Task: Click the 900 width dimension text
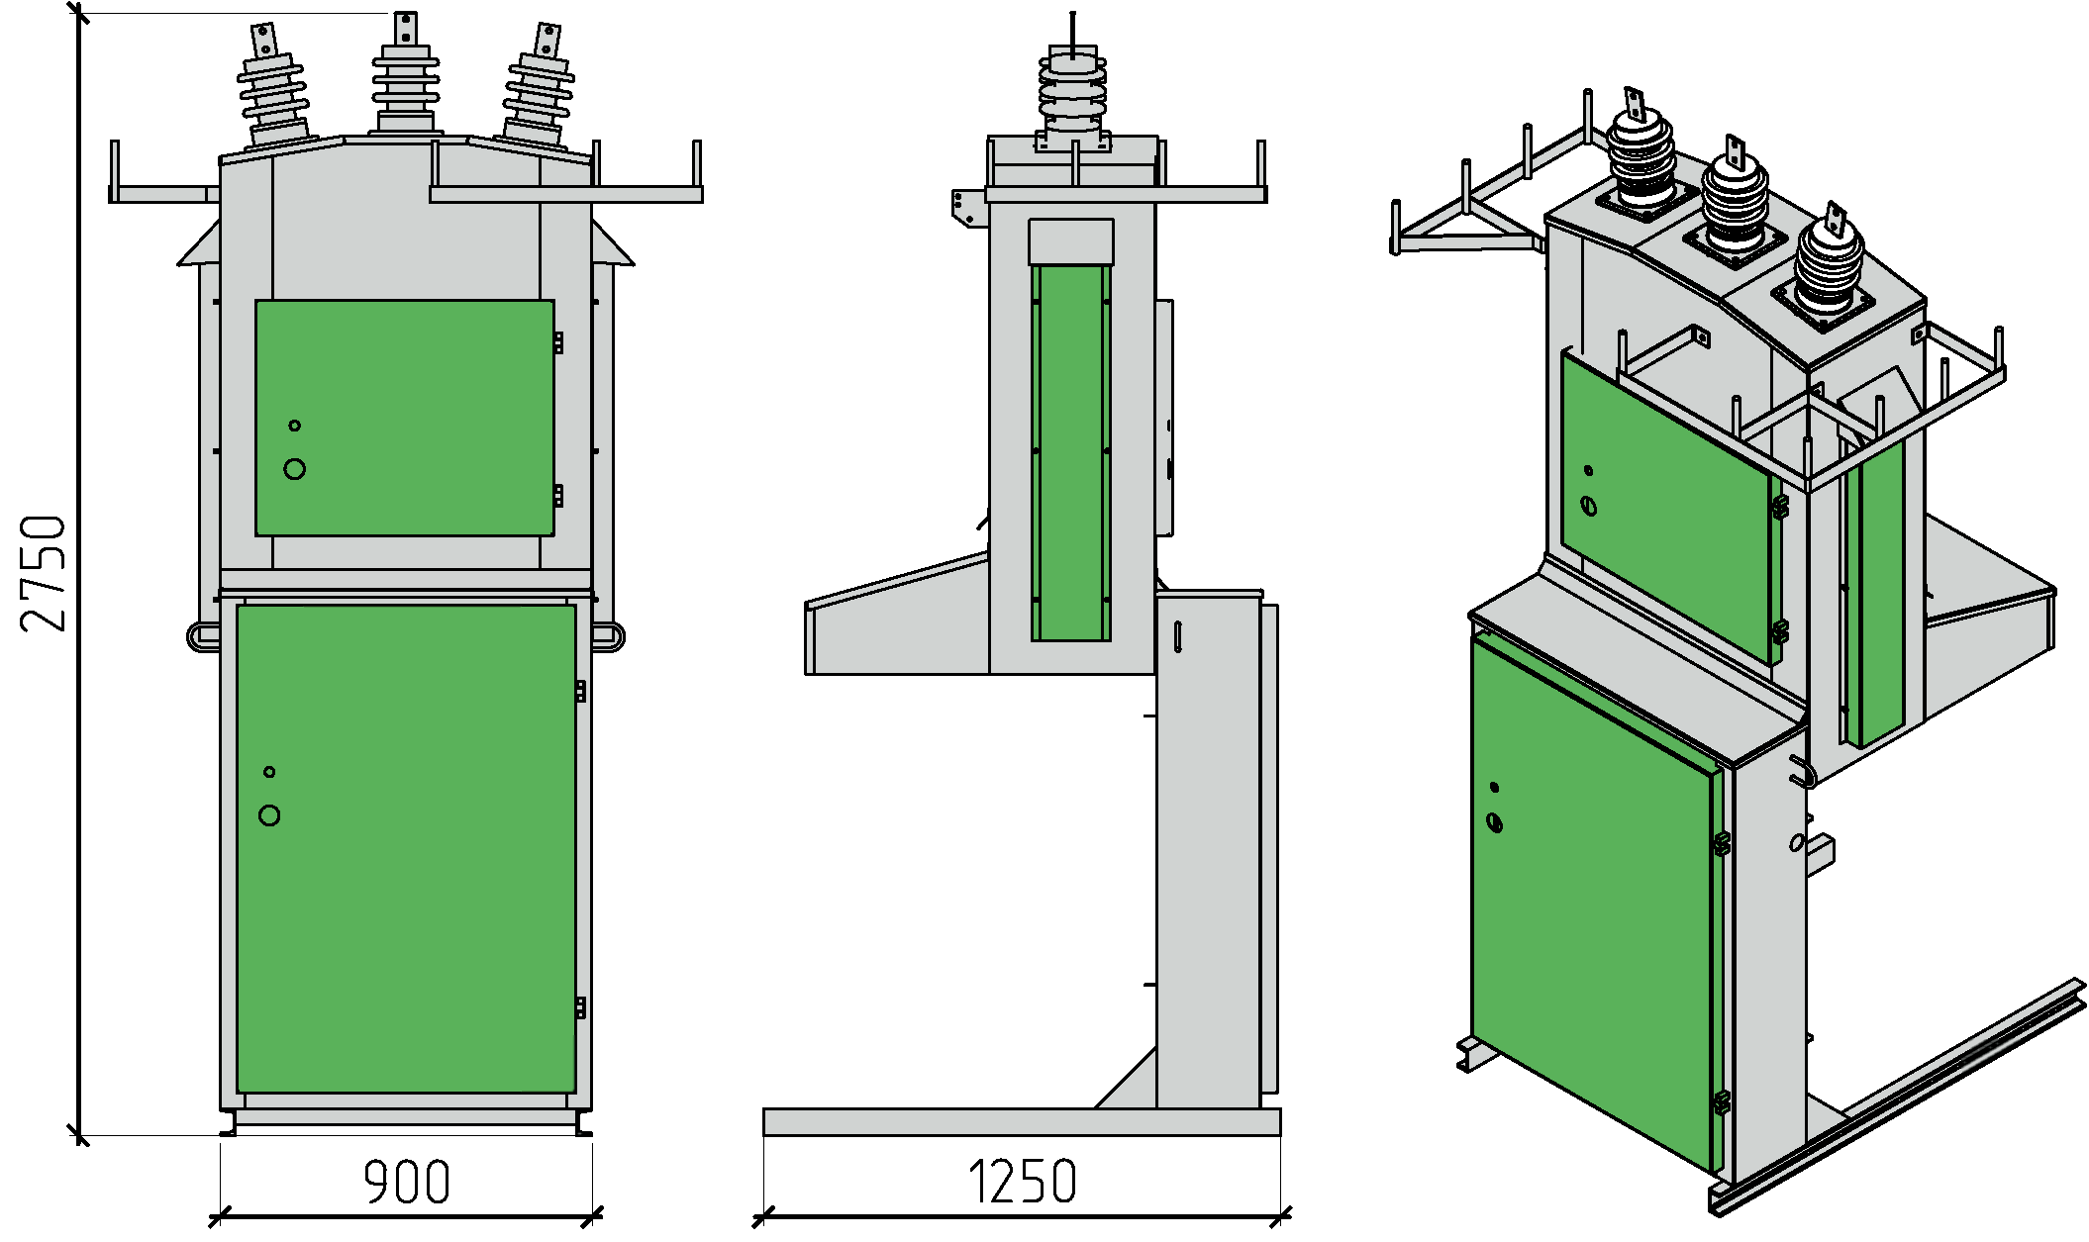pyautogui.click(x=406, y=1182)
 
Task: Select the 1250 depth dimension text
pyautogui.click(x=1022, y=1182)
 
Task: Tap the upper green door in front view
pyautogui.click(x=404, y=417)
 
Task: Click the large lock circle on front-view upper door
pyautogui.click(x=294, y=469)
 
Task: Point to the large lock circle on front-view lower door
pyautogui.click(x=269, y=815)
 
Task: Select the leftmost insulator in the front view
pyautogui.click(x=273, y=94)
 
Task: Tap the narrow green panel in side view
pyautogui.click(x=1070, y=451)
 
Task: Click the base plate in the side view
pyautogui.click(x=1021, y=1121)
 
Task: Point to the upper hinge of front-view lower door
pyautogui.click(x=580, y=691)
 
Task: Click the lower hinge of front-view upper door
pyautogui.click(x=558, y=495)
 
